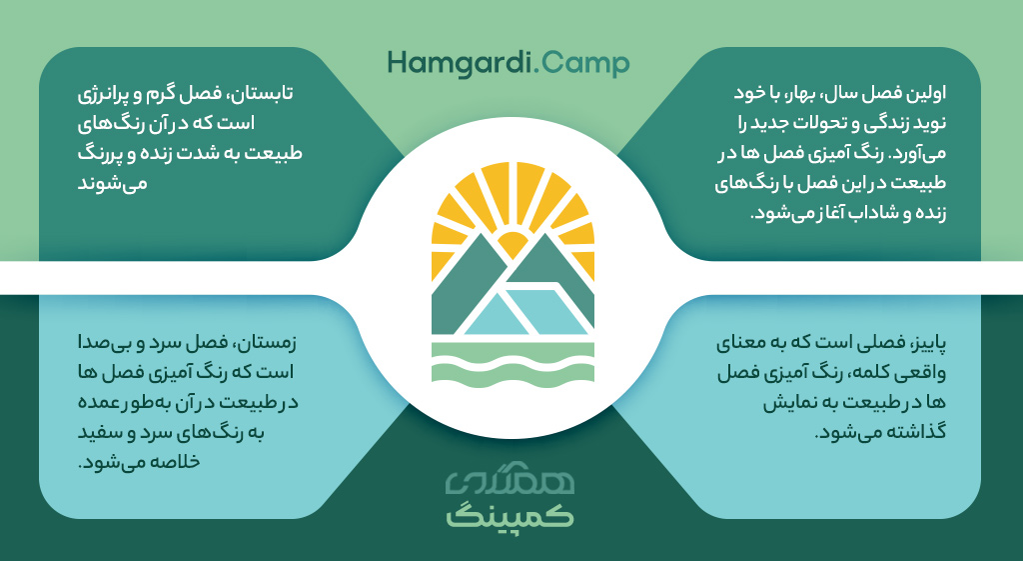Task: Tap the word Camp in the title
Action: tap(585, 64)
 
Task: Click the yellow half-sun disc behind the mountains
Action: tap(512, 244)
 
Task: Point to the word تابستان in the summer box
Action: tap(263, 93)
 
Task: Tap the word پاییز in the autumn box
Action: tap(927, 343)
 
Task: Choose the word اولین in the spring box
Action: tap(926, 93)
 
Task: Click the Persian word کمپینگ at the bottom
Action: tap(511, 517)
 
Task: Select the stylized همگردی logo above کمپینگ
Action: tap(511, 483)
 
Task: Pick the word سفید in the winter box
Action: tap(99, 432)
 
